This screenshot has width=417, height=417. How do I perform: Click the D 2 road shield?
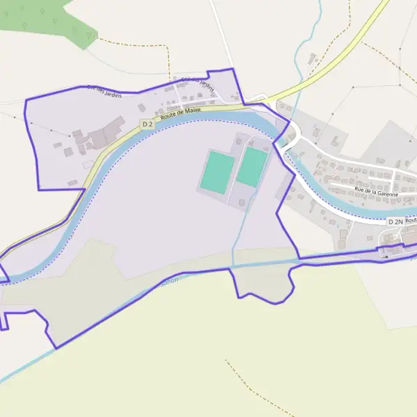click(147, 124)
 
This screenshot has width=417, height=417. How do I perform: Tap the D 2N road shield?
click(395, 221)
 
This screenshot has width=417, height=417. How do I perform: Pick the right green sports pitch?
click(252, 167)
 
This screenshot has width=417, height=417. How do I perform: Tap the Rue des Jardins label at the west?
click(104, 90)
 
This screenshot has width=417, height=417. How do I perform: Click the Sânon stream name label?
click(169, 279)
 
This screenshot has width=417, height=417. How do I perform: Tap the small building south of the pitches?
click(241, 202)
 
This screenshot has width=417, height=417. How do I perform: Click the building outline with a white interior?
click(88, 165)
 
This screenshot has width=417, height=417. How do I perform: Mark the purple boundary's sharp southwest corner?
click(55, 347)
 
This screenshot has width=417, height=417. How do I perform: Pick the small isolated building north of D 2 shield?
click(141, 108)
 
